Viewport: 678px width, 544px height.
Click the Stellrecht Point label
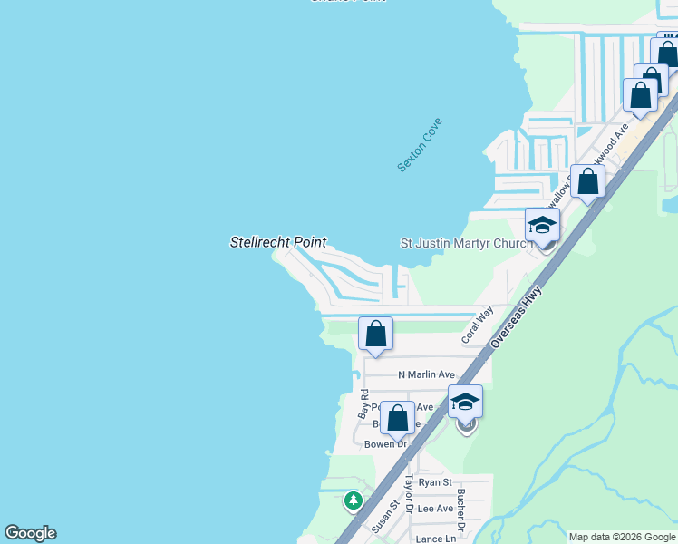point(277,242)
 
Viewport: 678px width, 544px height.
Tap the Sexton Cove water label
point(420,144)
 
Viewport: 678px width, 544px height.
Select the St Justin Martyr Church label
point(462,243)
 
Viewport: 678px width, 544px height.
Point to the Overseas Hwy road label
point(516,316)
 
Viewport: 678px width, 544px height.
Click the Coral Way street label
point(477,324)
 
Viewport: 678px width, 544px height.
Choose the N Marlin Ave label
point(426,374)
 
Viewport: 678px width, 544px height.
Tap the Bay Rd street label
point(363,403)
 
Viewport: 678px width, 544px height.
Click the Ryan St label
point(435,483)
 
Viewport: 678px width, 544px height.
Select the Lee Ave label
point(435,509)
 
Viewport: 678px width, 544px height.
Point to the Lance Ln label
point(435,539)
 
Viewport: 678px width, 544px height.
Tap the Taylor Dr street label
point(409,494)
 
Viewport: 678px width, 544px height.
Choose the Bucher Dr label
point(461,510)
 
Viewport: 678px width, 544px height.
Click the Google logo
point(30,533)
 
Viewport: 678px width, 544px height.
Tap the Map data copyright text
point(621,537)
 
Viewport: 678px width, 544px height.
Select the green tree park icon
point(353,500)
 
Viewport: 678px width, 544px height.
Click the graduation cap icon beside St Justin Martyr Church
point(542,225)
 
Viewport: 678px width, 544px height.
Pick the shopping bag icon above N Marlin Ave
point(375,334)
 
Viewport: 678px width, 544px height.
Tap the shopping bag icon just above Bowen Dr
point(397,418)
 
